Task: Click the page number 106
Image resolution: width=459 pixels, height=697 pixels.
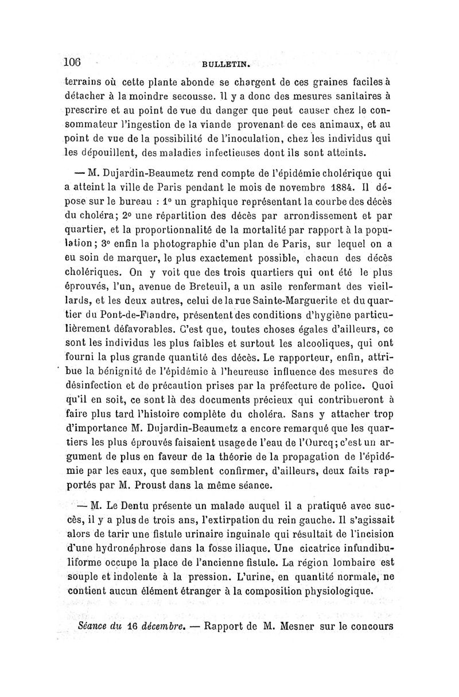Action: point(73,63)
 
